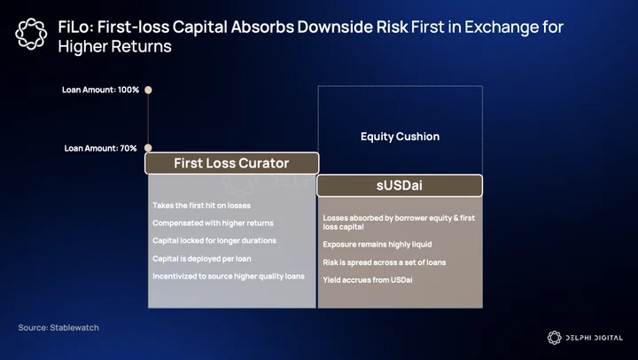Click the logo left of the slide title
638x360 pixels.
coord(31,34)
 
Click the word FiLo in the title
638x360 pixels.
coord(75,27)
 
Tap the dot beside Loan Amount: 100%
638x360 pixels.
coord(148,90)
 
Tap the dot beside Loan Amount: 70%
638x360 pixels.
coord(148,148)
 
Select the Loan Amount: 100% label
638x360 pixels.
coord(100,90)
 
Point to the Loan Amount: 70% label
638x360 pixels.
coord(100,148)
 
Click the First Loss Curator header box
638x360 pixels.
coord(232,163)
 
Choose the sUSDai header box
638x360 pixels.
coord(400,185)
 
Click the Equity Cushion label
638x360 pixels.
coord(400,137)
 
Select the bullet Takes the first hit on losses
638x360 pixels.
coord(201,206)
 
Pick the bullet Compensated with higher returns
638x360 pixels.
coord(213,223)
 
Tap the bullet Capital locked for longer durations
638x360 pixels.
coord(214,240)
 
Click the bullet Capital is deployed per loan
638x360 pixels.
coord(202,259)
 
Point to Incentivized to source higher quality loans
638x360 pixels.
coord(229,276)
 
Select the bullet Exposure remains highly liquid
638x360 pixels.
coord(377,245)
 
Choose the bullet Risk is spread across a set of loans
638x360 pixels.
coord(385,262)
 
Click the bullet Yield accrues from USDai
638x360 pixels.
coord(368,280)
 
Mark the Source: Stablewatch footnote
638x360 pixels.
coord(58,327)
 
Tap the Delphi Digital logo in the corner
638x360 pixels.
coord(585,338)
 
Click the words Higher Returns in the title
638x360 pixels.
coord(114,46)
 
